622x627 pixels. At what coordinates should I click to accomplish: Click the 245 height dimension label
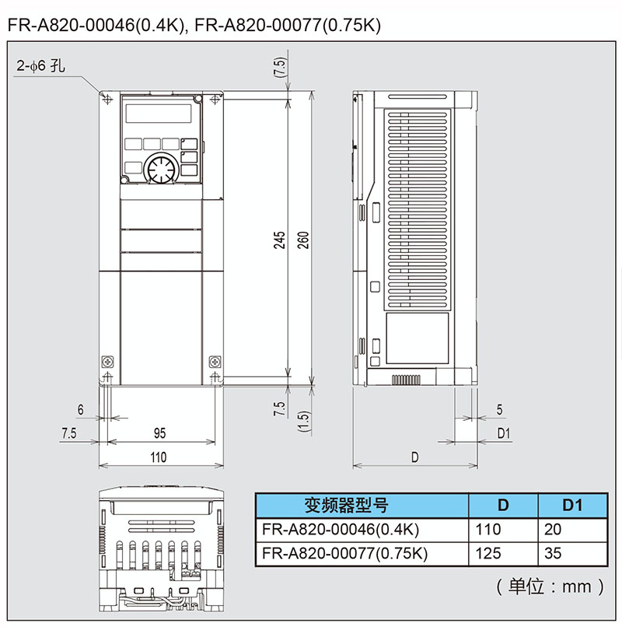point(280,240)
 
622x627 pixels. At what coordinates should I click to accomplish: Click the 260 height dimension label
point(303,240)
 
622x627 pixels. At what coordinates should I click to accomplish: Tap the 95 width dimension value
point(159,433)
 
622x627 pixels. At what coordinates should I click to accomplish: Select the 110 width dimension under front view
point(159,457)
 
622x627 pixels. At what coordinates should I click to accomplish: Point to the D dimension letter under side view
point(415,457)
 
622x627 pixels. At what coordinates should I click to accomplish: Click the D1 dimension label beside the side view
point(504,433)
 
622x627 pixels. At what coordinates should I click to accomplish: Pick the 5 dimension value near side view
point(499,409)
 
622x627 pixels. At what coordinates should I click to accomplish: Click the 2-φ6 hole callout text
point(40,66)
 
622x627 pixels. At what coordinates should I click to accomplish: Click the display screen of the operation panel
point(159,113)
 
